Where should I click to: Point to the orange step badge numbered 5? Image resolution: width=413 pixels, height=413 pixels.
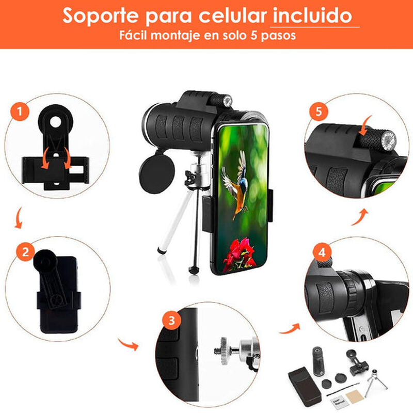point(319,111)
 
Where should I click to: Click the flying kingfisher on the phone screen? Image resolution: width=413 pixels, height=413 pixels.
point(237,183)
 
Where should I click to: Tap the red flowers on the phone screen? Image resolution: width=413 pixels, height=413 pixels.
point(238,255)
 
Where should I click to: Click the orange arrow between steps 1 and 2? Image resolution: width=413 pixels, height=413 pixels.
point(18,218)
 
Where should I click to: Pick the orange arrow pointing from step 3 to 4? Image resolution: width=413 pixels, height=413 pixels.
point(290,328)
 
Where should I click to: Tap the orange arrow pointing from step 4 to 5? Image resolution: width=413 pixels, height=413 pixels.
point(362,217)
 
